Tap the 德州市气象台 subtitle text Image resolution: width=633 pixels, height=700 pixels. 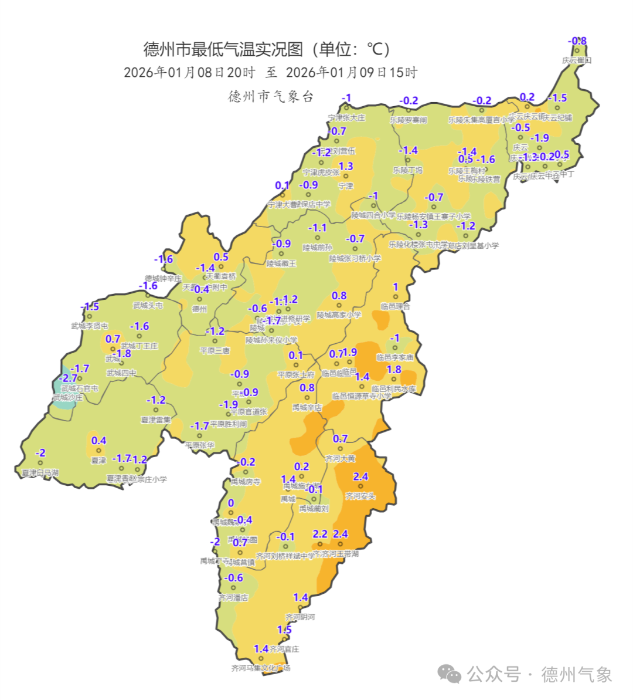(271, 96)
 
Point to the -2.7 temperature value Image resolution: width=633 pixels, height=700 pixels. (69, 378)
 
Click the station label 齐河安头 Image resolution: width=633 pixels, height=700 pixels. (360, 496)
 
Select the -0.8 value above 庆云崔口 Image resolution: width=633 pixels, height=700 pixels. (577, 41)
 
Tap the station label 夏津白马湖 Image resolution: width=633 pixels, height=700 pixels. (40, 473)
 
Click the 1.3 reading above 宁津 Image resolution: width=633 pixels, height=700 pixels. (346, 167)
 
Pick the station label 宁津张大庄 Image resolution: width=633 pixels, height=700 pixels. (346, 118)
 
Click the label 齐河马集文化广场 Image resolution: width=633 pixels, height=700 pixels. (261, 668)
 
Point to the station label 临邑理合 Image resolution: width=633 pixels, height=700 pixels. (395, 306)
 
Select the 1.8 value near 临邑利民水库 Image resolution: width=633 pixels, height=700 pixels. (394, 370)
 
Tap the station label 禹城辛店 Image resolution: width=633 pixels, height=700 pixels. (307, 407)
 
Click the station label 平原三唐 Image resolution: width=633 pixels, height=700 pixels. (215, 350)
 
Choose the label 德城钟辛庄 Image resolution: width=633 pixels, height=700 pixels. (164, 279)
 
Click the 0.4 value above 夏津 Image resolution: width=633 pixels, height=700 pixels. (98, 441)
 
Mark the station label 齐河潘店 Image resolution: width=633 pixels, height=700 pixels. (233, 598)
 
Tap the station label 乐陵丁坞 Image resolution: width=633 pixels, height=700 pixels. (407, 170)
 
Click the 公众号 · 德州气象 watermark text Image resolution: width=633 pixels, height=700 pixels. (539, 675)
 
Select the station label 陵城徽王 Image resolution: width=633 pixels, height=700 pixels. (281, 264)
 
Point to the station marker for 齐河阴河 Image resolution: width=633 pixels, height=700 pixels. (300, 608)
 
